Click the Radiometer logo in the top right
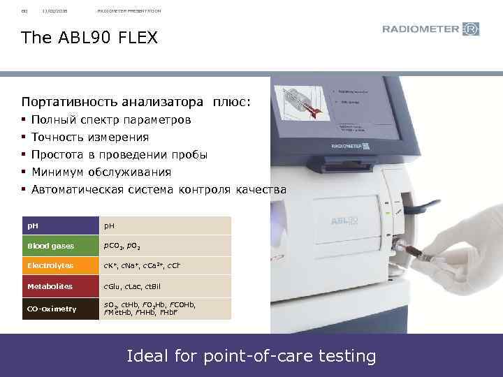(430, 29)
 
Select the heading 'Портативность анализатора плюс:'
(136, 102)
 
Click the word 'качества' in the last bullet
(261, 189)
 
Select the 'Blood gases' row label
(46, 246)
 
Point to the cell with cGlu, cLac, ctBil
(133, 286)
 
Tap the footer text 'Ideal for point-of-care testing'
(251, 356)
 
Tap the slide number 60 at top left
(24, 10)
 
